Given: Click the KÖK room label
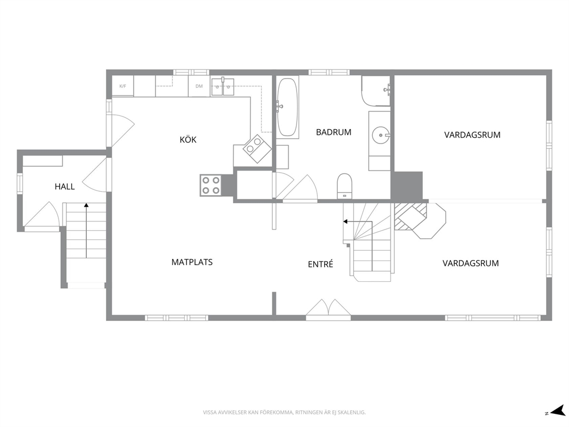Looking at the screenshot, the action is click(188, 139).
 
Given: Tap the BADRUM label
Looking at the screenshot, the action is click(333, 132).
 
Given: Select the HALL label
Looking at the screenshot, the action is click(65, 187).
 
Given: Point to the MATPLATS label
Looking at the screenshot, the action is click(192, 262).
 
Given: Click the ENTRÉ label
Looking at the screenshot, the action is click(321, 264).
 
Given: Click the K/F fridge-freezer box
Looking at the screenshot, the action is click(123, 86).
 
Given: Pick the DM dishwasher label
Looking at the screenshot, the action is click(199, 86).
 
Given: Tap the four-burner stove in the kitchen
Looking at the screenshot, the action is click(211, 185).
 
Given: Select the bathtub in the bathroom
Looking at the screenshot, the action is click(288, 107).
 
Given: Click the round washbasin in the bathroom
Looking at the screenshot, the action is click(380, 135).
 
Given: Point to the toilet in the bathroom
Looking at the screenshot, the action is click(344, 186).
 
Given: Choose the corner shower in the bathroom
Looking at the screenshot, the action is click(376, 91).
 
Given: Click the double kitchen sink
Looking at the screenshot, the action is click(223, 87).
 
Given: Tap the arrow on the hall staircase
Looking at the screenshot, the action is click(87, 231).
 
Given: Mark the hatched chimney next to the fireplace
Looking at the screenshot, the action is click(411, 216).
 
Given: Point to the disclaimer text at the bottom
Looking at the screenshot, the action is click(284, 413).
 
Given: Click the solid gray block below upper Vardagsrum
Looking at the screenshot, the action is click(407, 185).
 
